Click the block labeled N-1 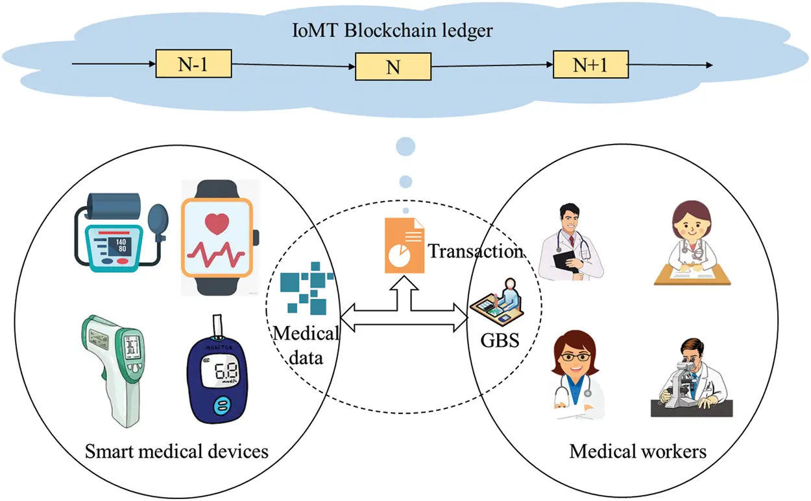click(x=194, y=65)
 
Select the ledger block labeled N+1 click(x=590, y=64)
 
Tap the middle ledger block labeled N click(x=393, y=67)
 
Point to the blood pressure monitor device click(x=117, y=229)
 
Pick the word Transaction click(x=476, y=251)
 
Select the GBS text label click(x=500, y=340)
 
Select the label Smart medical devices click(x=176, y=450)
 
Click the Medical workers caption click(x=638, y=450)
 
